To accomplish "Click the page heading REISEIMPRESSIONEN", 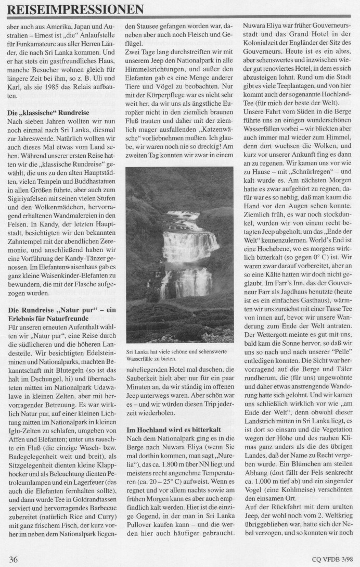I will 76,9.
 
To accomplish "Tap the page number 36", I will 14,559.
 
